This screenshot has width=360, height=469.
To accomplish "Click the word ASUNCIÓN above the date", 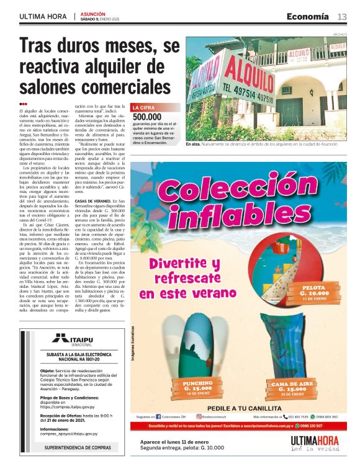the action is pyautogui.click(x=92, y=13).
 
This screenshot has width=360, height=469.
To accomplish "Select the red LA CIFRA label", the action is pyautogui.click(x=143, y=107).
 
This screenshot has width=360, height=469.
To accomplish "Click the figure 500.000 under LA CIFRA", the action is pyautogui.click(x=147, y=117).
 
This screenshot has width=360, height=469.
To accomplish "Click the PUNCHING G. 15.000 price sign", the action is pyautogui.click(x=197, y=388).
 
